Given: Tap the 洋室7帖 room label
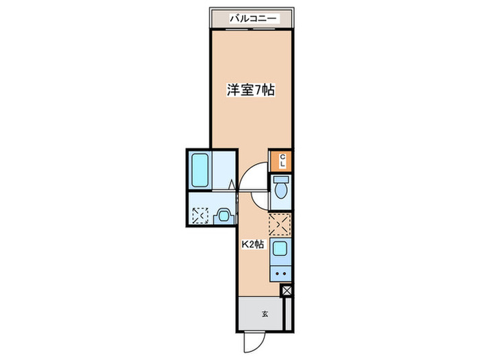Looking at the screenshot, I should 252,91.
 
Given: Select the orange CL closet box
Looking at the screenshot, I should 281,160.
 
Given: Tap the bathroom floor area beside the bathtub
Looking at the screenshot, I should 223,169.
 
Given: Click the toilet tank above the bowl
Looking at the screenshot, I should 281,180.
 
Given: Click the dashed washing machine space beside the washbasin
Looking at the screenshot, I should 200,215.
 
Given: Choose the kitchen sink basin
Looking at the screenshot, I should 280,250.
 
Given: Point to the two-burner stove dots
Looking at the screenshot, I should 280,273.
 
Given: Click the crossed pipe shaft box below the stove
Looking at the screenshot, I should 287,291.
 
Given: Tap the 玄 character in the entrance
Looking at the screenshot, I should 264,315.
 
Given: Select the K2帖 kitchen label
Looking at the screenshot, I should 252,243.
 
